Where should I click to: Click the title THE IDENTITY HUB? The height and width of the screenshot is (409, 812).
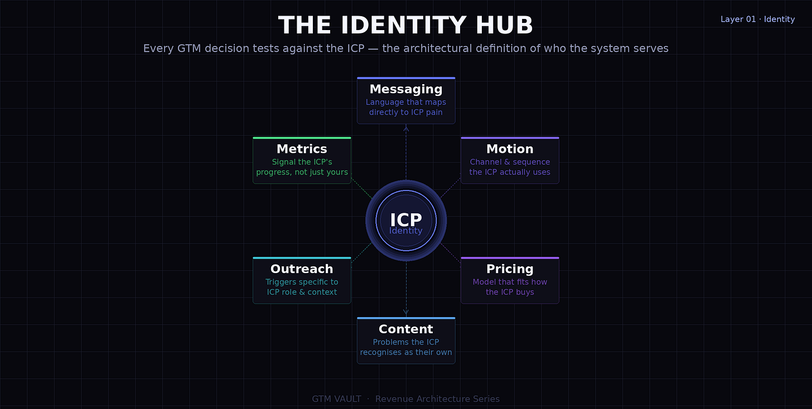405,26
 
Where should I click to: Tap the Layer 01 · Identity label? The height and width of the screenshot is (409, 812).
757,19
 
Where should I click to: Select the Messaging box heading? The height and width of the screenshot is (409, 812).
406,89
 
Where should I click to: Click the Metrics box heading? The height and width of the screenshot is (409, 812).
302,149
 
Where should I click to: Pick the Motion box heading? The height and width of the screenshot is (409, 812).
510,149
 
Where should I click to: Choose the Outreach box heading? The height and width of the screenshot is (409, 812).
302,269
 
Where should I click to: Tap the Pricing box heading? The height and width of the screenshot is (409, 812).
510,269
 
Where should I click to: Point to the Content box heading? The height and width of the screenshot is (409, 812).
406,329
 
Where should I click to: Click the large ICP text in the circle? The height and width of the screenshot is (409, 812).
406,219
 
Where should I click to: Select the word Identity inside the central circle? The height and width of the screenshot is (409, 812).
406,231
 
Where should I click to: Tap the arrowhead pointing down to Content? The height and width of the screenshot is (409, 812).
406,313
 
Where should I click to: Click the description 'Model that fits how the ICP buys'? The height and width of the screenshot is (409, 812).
510,287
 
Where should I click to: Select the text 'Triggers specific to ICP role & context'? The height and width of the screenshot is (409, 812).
302,287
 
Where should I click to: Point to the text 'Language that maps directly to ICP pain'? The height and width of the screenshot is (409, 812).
406,107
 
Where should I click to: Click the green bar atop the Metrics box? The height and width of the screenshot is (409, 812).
302,138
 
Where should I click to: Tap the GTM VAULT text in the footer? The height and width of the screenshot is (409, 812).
336,399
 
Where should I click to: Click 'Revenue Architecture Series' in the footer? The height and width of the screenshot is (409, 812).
437,399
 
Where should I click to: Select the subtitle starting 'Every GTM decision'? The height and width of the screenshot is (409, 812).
405,48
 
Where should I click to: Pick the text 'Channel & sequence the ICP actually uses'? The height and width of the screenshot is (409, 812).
510,167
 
